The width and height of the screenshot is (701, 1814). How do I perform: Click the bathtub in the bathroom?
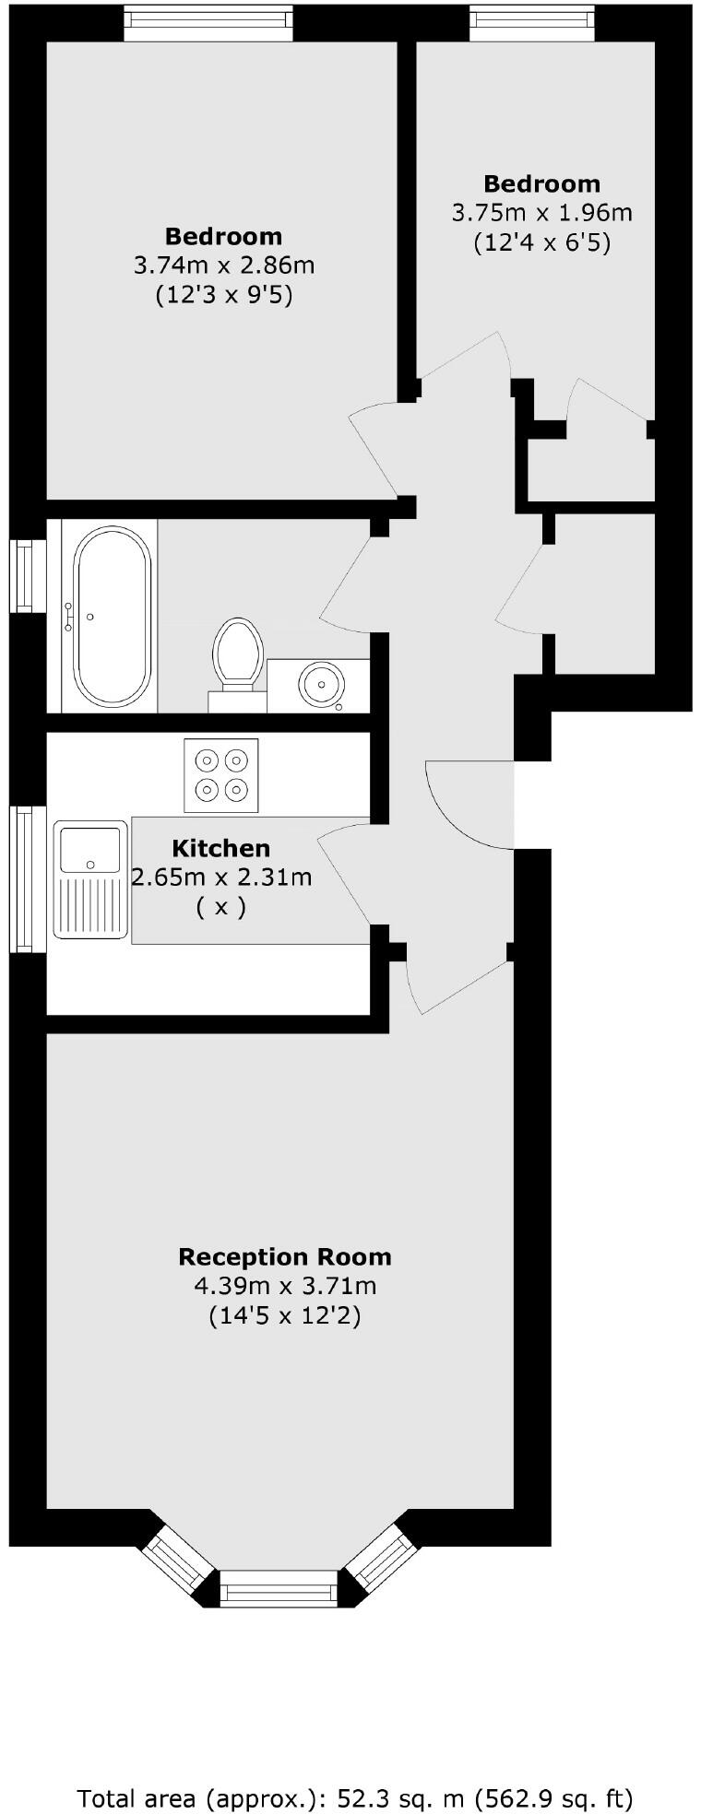pyautogui.click(x=112, y=616)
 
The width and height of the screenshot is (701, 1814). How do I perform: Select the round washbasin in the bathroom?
pyautogui.click(x=321, y=684)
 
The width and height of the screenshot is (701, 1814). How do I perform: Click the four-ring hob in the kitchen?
pyautogui.click(x=221, y=775)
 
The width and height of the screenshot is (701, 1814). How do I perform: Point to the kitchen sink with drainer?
pyautogui.click(x=90, y=879)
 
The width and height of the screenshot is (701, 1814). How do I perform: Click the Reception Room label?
pyautogui.click(x=284, y=1257)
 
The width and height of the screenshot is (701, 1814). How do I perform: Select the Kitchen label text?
pyautogui.click(x=221, y=848)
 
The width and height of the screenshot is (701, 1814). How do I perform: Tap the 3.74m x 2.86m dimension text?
pyautogui.click(x=224, y=265)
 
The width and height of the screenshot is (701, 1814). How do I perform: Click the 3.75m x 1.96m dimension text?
pyautogui.click(x=541, y=213)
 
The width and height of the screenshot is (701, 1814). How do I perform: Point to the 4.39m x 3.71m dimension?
pyautogui.click(x=284, y=1286)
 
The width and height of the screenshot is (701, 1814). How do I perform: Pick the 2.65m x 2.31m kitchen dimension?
pyautogui.click(x=221, y=877)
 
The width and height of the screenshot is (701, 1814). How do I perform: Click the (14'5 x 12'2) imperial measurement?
pyautogui.click(x=284, y=1315)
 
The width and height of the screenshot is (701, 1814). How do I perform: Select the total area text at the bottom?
pyautogui.click(x=355, y=1773)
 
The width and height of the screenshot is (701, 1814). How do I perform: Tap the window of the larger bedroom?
pyautogui.click(x=208, y=23)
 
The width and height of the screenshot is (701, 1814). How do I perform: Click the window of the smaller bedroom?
pyautogui.click(x=532, y=23)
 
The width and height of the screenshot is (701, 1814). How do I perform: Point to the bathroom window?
pyautogui.click(x=27, y=576)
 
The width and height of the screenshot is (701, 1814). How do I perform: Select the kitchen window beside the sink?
pyautogui.click(x=27, y=879)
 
